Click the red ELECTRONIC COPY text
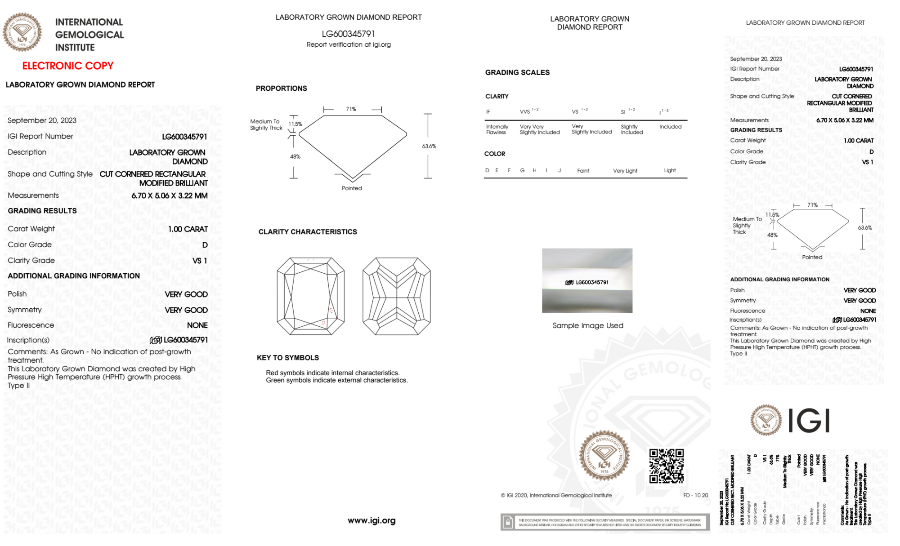pos(68,66)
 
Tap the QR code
pos(666,466)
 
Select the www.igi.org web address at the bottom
pos(372,520)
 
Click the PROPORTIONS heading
pos(281,89)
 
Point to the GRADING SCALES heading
pos(517,72)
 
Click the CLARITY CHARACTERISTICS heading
pos(308,232)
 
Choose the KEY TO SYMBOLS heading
pos(288,358)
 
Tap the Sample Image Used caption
pos(588,325)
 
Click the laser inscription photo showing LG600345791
pos(587,281)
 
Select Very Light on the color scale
pos(625,171)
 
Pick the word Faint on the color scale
pos(583,171)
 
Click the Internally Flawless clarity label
pos(497,129)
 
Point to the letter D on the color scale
pos(487,170)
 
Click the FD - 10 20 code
pos(695,495)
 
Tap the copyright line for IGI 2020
pos(556,495)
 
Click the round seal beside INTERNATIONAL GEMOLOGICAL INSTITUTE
pos(22,32)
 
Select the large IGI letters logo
pos(809,421)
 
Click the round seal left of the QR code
pos(604,456)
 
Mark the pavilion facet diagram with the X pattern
pos(396,296)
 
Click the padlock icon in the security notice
pos(508,522)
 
